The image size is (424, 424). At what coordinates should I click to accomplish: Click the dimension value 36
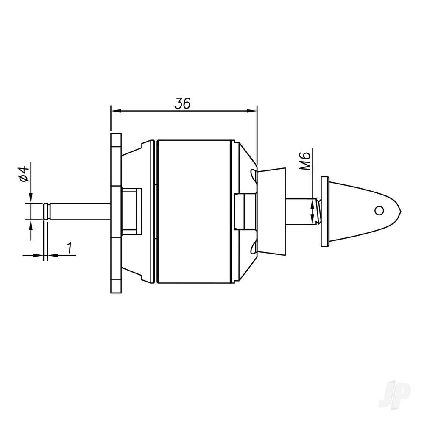click(183, 103)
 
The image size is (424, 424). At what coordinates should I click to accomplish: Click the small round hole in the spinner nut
click(379, 210)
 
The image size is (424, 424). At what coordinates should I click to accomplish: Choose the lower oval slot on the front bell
click(253, 248)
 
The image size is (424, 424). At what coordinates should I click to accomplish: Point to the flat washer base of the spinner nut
click(325, 211)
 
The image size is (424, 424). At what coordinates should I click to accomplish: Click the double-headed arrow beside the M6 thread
click(313, 212)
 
